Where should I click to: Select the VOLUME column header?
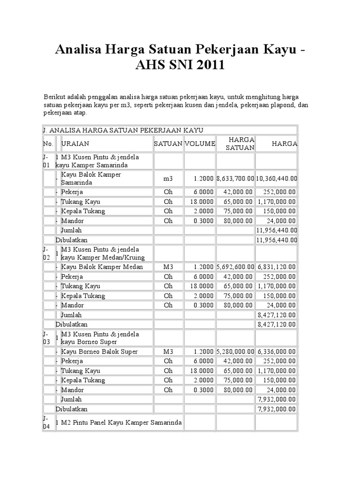(200, 143)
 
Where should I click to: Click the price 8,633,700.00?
(235, 179)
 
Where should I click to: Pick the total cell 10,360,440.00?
(277, 179)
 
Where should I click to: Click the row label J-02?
(46, 254)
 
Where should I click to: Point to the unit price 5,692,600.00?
(235, 267)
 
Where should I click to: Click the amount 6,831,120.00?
(277, 267)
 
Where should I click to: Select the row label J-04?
(46, 422)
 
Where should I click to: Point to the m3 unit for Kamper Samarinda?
(168, 179)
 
